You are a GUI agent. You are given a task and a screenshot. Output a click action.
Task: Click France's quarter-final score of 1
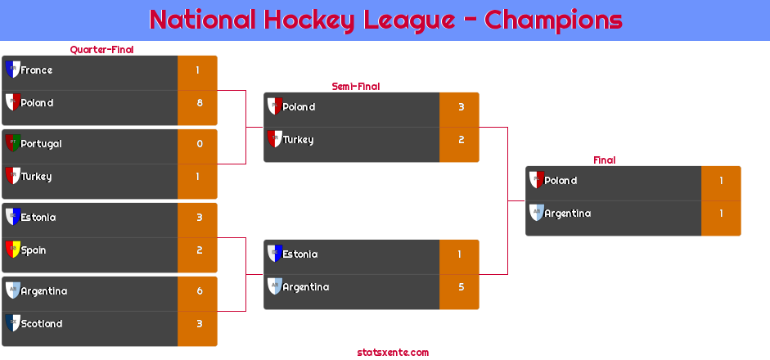197,70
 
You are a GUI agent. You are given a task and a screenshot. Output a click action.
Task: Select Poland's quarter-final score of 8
200,103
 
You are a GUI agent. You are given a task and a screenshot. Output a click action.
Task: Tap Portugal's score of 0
200,144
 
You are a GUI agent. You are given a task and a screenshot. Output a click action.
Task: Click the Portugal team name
41,144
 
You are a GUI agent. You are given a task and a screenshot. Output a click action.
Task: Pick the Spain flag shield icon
13,250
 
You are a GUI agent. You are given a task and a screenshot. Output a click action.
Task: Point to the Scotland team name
41,324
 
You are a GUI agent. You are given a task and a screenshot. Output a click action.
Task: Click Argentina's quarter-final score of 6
200,291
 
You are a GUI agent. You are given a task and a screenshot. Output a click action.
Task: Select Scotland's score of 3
200,324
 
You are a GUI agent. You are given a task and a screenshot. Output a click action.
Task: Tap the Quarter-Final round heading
101,50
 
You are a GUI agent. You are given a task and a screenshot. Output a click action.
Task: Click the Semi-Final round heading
356,87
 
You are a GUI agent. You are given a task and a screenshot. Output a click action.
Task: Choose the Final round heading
605,160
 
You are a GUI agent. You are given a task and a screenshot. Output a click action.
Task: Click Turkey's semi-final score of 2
462,140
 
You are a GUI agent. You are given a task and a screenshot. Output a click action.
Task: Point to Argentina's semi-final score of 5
462,287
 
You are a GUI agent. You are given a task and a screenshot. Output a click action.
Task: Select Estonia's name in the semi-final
300,254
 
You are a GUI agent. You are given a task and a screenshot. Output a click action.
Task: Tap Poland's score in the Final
721,181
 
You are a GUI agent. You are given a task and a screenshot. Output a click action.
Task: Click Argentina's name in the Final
567,214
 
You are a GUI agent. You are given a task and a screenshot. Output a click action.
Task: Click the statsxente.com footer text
393,353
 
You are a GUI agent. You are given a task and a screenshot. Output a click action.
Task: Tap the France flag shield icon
13,70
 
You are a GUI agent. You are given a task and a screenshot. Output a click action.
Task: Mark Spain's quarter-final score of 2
200,250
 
